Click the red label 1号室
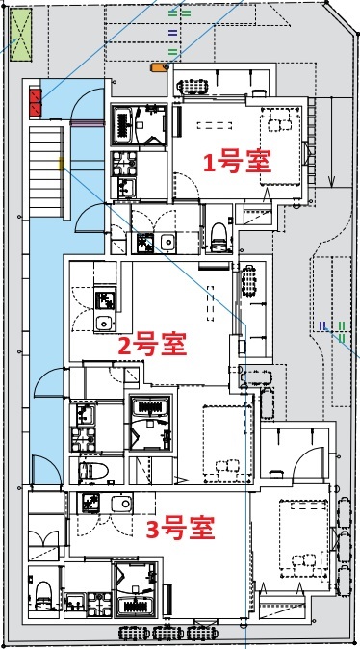[x=235, y=161]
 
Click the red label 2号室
[x=151, y=343]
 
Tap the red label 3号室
[x=178, y=528]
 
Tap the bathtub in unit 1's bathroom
[x=127, y=123]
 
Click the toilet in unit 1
[x=218, y=233]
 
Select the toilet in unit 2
[x=93, y=471]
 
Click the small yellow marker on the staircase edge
[x=63, y=166]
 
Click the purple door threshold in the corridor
[x=84, y=122]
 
